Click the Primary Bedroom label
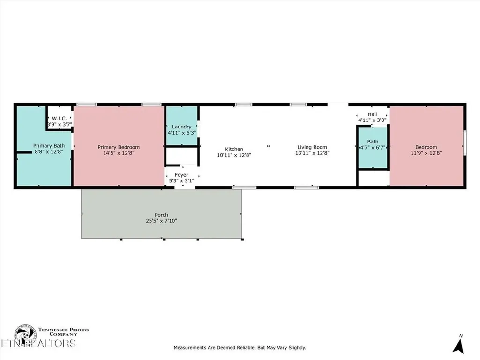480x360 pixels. [x=119, y=147]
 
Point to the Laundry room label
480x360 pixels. [x=181, y=127]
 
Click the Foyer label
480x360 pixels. [x=181, y=175]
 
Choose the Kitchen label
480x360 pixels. [x=234, y=149]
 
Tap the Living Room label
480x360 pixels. [x=311, y=147]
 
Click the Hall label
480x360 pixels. [x=372, y=114]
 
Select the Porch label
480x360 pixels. [x=161, y=215]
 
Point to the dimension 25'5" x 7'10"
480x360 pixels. [x=161, y=221]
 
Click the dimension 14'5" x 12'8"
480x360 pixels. [x=119, y=153]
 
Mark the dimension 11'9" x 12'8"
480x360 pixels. [x=427, y=153]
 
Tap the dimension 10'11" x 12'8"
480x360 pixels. [x=234, y=155]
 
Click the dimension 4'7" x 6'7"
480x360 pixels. [x=373, y=148]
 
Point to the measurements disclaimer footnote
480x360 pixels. [x=240, y=348]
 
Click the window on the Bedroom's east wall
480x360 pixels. [x=465, y=142]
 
